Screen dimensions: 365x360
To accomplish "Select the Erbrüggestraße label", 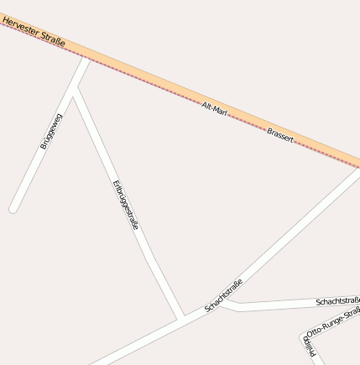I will coord(125,206).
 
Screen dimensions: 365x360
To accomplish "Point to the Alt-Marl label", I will coord(215,108).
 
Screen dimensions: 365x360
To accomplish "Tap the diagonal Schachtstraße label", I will coord(223,295).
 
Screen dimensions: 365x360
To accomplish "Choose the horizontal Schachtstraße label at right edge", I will coord(338,300).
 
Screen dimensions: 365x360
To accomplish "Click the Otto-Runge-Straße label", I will coord(334,321).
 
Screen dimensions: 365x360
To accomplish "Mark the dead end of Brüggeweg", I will coord(13,208).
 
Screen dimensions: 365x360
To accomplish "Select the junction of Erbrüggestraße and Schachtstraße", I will coord(180,318).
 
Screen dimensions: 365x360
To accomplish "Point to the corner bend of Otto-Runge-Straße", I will coord(303,337).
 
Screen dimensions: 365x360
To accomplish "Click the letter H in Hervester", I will coord(5,17).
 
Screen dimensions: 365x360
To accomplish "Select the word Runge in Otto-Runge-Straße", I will coord(332,322).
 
